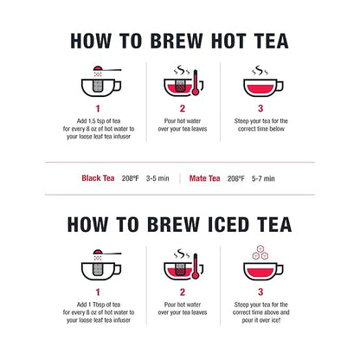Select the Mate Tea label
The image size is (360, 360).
click(205, 178)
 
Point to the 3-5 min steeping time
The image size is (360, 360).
click(158, 178)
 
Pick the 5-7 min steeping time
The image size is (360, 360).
click(265, 178)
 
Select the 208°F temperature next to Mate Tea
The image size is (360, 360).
click(235, 178)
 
